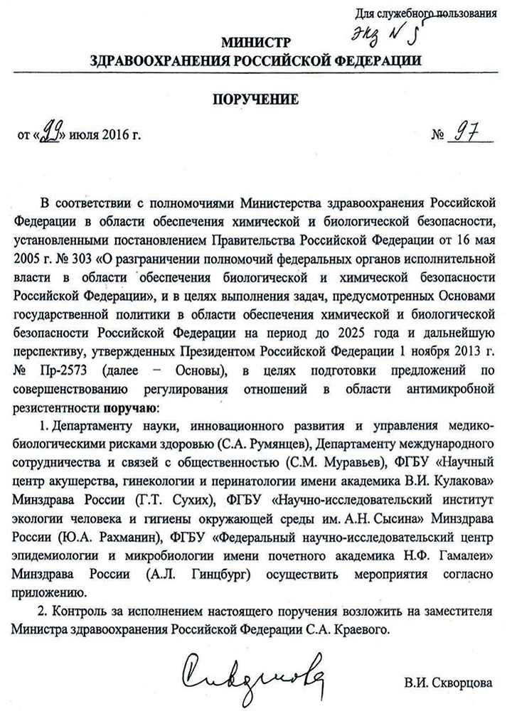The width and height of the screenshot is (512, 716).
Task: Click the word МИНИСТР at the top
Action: (256, 42)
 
